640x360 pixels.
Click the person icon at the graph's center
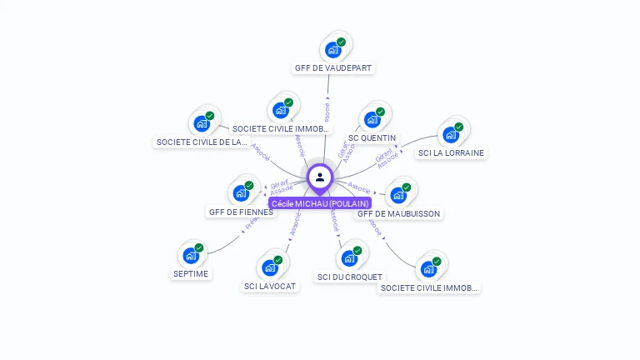point(320,177)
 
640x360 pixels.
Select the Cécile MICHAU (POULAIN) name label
point(320,203)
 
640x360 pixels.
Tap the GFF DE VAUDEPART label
point(333,68)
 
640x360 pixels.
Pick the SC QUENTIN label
point(372,137)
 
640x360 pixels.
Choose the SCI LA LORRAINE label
point(451,153)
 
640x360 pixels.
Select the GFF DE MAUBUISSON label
point(398,214)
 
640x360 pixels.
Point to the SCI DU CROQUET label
point(350,277)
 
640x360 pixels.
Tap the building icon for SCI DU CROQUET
point(349,258)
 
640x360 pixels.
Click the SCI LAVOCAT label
point(269,287)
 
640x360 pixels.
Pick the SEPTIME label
point(191,273)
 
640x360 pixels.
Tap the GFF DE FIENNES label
point(241,212)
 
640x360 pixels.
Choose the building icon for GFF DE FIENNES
point(241,193)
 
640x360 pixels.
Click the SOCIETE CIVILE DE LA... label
point(202,142)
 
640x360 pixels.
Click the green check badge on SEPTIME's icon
point(199,247)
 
